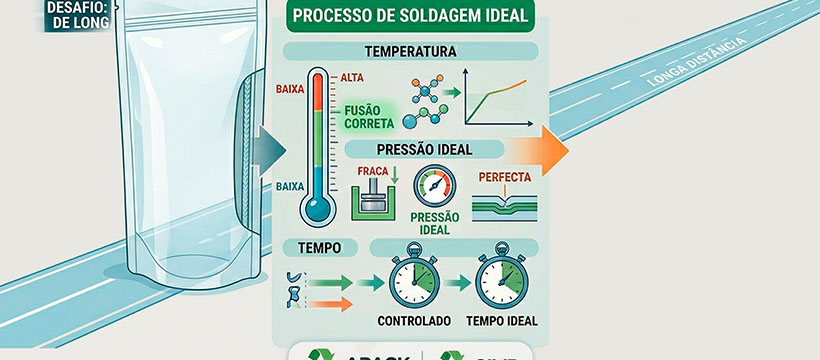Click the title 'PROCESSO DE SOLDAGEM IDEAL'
tap(410, 17)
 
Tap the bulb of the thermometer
tap(318, 207)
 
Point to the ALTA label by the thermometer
tap(352, 78)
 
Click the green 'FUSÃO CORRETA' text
tap(369, 118)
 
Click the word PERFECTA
tap(506, 177)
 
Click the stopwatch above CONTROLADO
tap(410, 282)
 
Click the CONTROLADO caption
tap(410, 322)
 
